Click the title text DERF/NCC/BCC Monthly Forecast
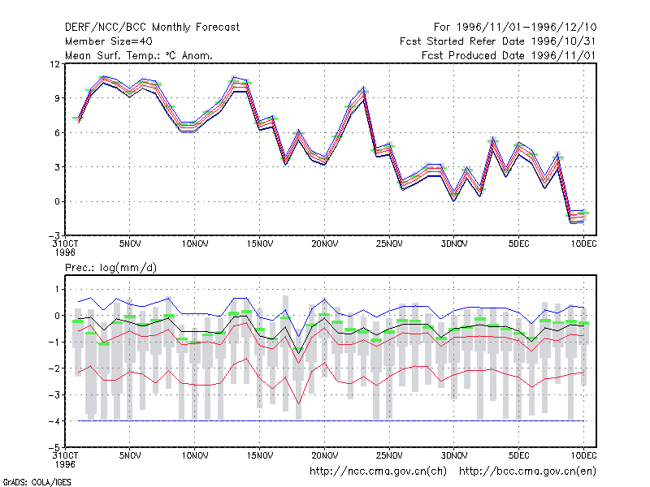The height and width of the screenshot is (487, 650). click(152, 28)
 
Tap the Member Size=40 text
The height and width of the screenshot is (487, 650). click(109, 41)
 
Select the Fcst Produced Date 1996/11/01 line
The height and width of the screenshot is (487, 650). click(509, 55)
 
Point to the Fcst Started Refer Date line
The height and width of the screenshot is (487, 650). click(498, 41)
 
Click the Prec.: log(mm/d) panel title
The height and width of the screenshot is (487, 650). click(110, 268)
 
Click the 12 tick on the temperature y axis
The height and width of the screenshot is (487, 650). click(54, 64)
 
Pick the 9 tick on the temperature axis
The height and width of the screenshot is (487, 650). click(57, 98)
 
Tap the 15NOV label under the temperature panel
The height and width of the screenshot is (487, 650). click(260, 244)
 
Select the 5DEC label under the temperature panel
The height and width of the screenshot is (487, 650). click(518, 244)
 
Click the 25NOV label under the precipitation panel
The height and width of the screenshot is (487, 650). click(389, 455)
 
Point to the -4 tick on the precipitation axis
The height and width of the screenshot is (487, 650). click(54, 421)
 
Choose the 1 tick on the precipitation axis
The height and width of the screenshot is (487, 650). click(57, 289)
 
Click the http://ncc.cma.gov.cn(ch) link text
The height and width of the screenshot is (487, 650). click(378, 472)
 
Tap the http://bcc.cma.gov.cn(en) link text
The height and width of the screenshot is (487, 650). click(527, 472)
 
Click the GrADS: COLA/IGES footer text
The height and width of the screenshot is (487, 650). click(37, 482)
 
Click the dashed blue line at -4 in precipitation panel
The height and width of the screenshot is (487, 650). click(331, 421)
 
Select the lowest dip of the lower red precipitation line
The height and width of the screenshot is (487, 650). click(298, 403)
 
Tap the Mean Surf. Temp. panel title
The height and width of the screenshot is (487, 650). click(138, 55)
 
